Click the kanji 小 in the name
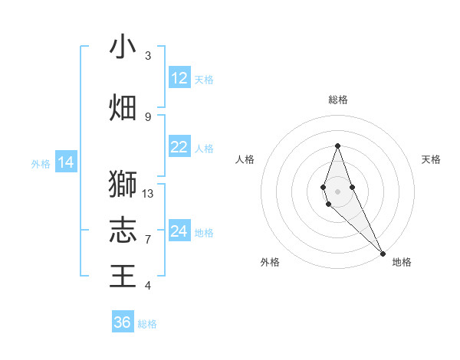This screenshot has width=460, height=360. coord(123,47)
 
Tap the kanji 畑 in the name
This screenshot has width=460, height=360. coord(123,108)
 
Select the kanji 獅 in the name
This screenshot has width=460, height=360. coord(123,185)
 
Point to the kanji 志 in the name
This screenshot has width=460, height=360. coord(123,229)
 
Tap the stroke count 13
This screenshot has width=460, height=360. coord(148,194)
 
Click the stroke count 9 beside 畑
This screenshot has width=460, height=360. coord(148,116)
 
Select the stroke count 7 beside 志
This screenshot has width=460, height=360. coord(148,240)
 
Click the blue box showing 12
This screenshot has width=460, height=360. coord(179,78)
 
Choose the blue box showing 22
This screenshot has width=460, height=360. coord(179,147)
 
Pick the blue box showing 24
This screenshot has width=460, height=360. coord(179,231)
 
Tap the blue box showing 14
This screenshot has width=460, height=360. coord(66,162)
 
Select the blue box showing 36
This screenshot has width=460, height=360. coord(123,322)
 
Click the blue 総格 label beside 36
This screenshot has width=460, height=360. coord(148,324)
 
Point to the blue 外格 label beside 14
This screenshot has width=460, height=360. coord(41,164)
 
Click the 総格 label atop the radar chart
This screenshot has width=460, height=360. coord(338,100)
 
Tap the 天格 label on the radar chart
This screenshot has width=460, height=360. coord(431,159)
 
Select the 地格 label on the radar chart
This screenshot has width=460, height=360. coord(402,262)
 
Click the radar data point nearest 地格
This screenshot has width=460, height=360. coord(383,252)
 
